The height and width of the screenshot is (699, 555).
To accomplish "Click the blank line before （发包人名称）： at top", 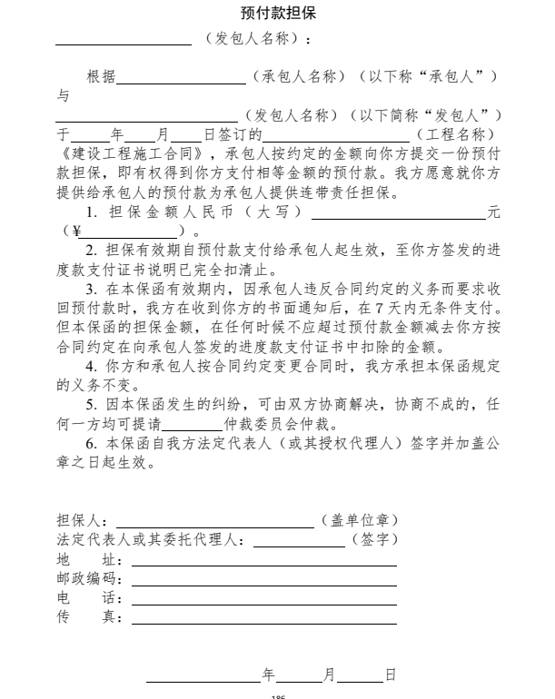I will click(123, 43).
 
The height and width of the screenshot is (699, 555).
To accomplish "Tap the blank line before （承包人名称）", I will click(181, 81).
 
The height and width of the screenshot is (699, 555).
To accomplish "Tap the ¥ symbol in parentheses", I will click(77, 232).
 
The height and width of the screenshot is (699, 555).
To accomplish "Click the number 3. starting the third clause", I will click(92, 290).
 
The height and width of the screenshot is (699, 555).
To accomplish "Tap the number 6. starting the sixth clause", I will click(92, 446).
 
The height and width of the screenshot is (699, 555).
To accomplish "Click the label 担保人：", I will click(83, 522).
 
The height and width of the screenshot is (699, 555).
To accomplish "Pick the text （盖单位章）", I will click(360, 522).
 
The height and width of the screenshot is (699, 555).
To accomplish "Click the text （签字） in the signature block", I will click(373, 541).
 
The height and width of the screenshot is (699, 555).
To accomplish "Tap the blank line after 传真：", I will click(263, 622).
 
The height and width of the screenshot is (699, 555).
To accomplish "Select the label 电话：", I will click(83, 600).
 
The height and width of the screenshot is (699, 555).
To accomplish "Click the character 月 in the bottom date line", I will click(330, 675).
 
